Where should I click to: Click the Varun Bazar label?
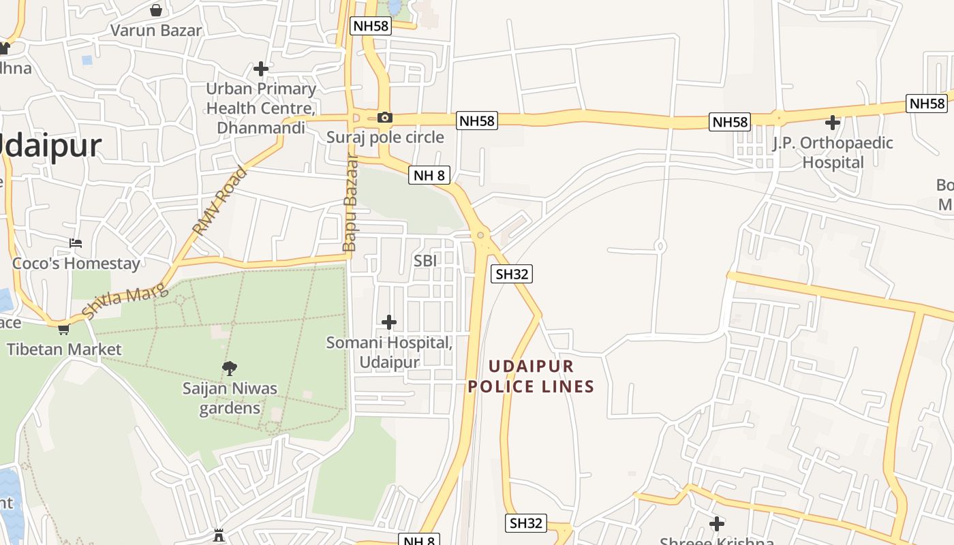[156, 31]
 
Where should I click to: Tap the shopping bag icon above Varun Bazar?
[156, 10]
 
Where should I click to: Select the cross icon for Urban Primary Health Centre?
[260, 68]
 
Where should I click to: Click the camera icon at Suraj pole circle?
[384, 117]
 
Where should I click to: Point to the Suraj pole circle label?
[385, 137]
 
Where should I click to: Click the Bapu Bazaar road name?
[350, 203]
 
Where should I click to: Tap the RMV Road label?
[220, 201]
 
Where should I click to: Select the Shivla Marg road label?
[125, 301]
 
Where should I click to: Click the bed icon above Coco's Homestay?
[76, 243]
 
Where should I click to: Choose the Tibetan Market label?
[64, 349]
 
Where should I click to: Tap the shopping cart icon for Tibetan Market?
[63, 330]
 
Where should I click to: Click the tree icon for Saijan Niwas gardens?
[230, 369]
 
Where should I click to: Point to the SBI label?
[425, 260]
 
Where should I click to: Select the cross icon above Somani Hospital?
[388, 322]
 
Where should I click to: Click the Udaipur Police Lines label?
[532, 376]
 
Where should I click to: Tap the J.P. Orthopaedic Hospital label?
[833, 153]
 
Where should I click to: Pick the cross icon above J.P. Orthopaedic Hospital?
[832, 123]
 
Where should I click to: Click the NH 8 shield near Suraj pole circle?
[429, 175]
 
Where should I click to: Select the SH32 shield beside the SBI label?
[511, 274]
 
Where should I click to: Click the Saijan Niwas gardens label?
[230, 399]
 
